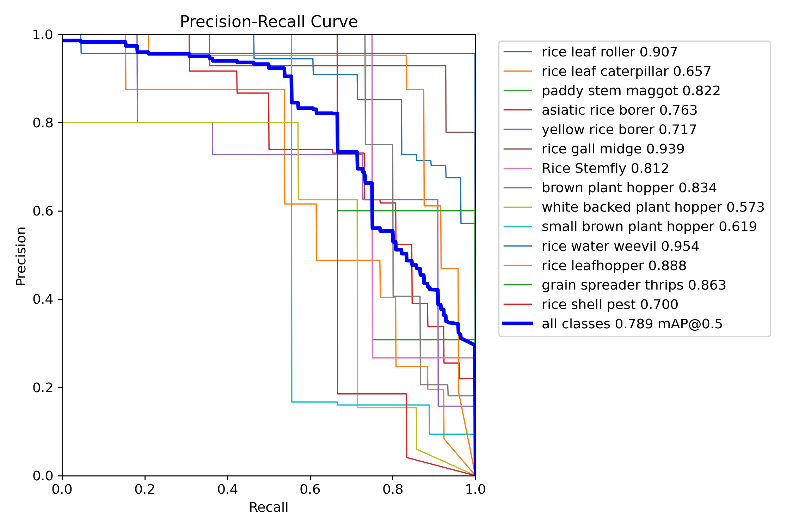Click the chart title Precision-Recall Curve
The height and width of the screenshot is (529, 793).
(x=269, y=22)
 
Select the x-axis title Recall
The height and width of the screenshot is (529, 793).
(x=269, y=507)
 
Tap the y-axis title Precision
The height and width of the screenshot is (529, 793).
(x=21, y=256)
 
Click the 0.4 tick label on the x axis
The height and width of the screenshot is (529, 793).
(x=227, y=489)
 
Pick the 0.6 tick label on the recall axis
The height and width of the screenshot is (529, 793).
(x=310, y=489)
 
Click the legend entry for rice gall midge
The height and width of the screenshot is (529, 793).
(x=613, y=149)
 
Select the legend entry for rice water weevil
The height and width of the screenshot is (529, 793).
(x=620, y=246)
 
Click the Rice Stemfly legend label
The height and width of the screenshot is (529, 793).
(x=605, y=168)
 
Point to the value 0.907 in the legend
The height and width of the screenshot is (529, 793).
(x=658, y=52)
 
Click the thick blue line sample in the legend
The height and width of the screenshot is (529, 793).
(x=517, y=323)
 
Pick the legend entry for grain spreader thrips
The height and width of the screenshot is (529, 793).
(x=634, y=285)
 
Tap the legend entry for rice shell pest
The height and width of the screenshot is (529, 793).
(x=610, y=304)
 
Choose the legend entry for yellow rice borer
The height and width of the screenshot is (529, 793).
(x=619, y=129)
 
